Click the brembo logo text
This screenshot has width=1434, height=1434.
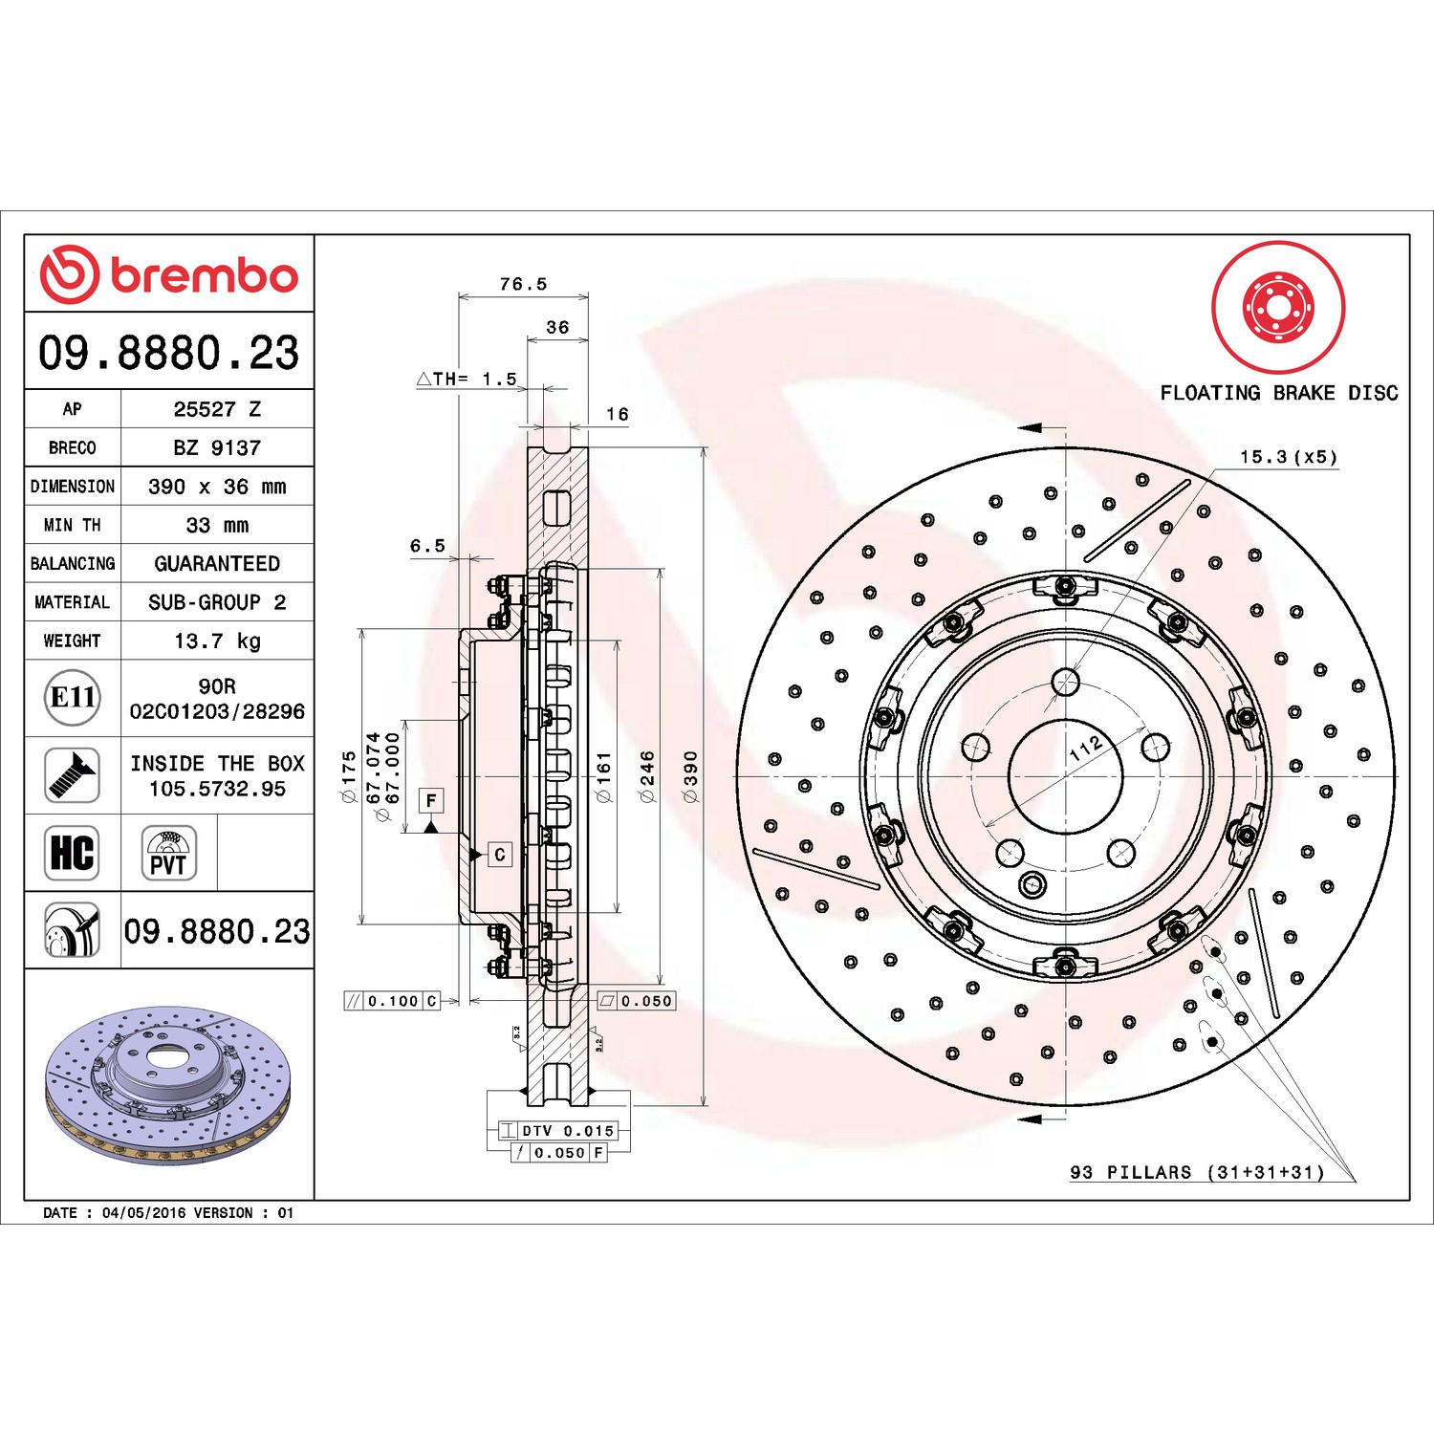click(205, 275)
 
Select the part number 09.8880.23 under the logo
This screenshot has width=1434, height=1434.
click(168, 352)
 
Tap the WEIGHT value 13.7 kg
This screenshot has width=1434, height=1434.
click(217, 641)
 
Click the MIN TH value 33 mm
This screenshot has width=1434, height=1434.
click(217, 525)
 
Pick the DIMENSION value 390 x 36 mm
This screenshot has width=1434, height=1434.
click(217, 487)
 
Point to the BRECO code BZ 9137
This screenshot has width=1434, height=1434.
click(217, 447)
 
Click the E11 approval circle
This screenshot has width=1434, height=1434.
click(73, 698)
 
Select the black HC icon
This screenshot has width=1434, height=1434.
click(73, 853)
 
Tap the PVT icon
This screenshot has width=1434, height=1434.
click(168, 853)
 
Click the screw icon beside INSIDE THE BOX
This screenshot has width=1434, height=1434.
click(73, 775)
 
